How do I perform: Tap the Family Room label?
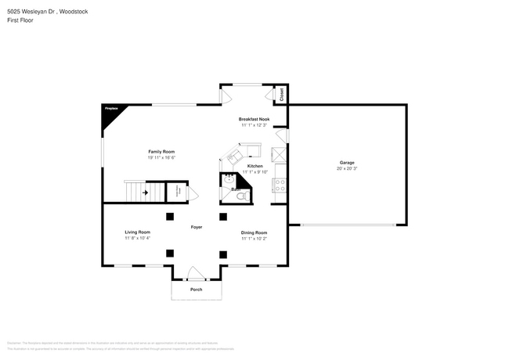pos(161,151)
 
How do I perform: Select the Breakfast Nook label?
pos(254,119)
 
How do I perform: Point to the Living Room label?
pos(137,232)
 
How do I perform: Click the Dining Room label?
pos(254,232)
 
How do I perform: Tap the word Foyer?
pos(197,227)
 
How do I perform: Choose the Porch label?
pos(197,290)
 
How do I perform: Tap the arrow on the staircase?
pos(145,191)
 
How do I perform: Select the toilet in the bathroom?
pos(242,195)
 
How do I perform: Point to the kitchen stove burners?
pos(279,185)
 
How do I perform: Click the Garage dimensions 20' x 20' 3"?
pos(346,168)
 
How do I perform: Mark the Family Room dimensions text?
pos(161,157)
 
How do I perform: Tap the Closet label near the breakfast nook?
pos(283,95)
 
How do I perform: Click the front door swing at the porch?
pos(195,273)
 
